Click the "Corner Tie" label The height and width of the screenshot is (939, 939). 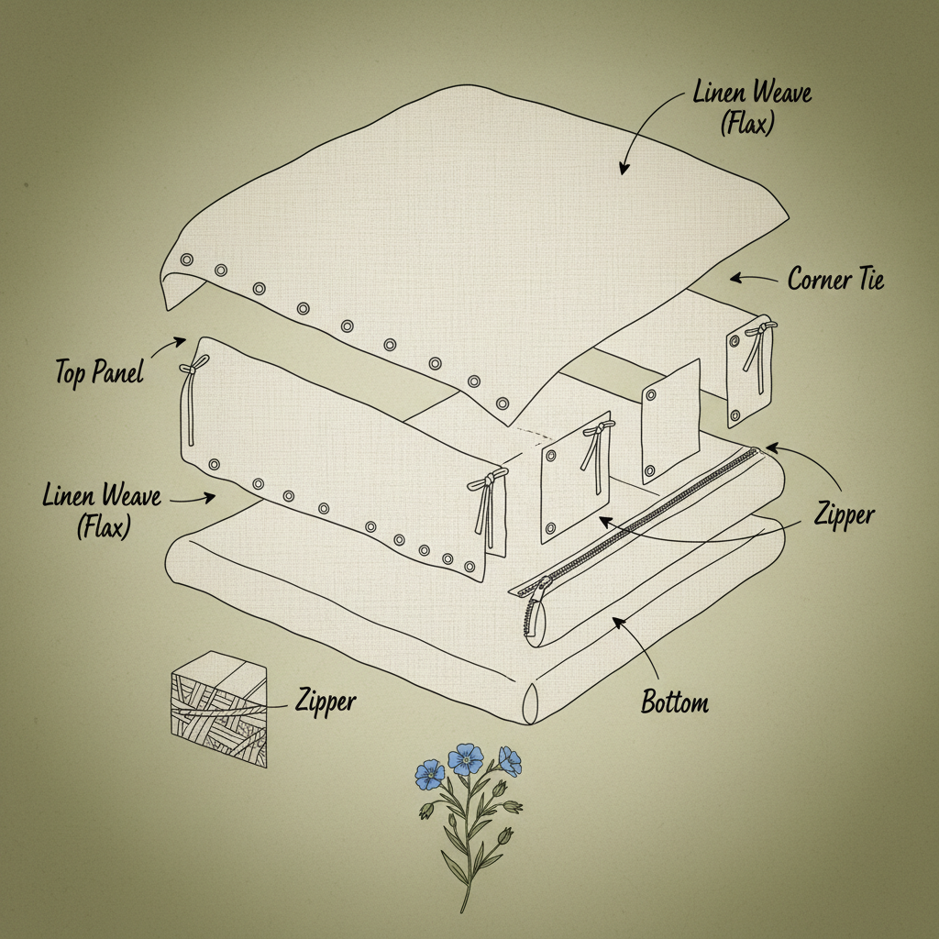pyautogui.click(x=835, y=279)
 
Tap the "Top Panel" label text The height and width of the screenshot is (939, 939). pyautogui.click(x=99, y=373)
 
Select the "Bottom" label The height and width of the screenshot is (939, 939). pyautogui.click(x=675, y=703)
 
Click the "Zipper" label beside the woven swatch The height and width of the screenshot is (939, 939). pyautogui.click(x=326, y=701)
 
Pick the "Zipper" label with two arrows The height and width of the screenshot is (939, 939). pyautogui.click(x=843, y=515)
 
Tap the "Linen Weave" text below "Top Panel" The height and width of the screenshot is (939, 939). pyautogui.click(x=102, y=498)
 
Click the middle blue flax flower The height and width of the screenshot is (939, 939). pyautogui.click(x=466, y=758)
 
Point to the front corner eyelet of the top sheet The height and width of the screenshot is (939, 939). pyautogui.click(x=502, y=403)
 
